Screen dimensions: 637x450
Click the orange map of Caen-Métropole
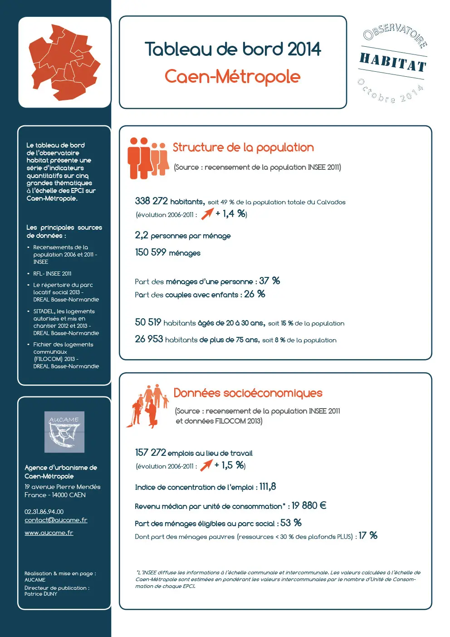(64, 62)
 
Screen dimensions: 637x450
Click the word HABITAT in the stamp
(393, 62)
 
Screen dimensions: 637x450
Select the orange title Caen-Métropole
(232, 76)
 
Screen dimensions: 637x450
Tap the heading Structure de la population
(243, 148)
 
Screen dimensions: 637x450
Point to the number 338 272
(152, 201)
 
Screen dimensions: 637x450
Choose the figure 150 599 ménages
(167, 252)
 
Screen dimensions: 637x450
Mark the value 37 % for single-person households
(269, 281)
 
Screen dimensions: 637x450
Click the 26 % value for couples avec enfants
(254, 294)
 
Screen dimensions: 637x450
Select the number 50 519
(148, 322)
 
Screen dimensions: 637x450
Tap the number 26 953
(149, 339)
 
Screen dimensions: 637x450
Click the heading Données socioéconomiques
(248, 393)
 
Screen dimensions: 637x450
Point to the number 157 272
(151, 453)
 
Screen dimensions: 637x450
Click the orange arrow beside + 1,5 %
(206, 465)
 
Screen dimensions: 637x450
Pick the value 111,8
(268, 487)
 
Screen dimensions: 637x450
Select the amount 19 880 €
(309, 506)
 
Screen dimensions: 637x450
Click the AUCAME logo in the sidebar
(64, 432)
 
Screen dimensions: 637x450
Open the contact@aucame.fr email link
(56, 520)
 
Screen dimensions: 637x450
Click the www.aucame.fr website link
(49, 533)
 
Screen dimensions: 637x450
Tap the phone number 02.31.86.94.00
(44, 512)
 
